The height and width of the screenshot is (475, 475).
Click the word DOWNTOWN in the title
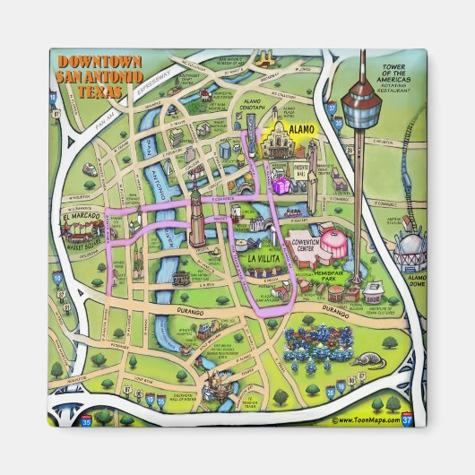coord(99,62)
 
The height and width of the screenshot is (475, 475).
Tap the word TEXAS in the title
coord(99,91)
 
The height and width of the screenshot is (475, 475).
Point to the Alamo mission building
coord(288,142)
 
